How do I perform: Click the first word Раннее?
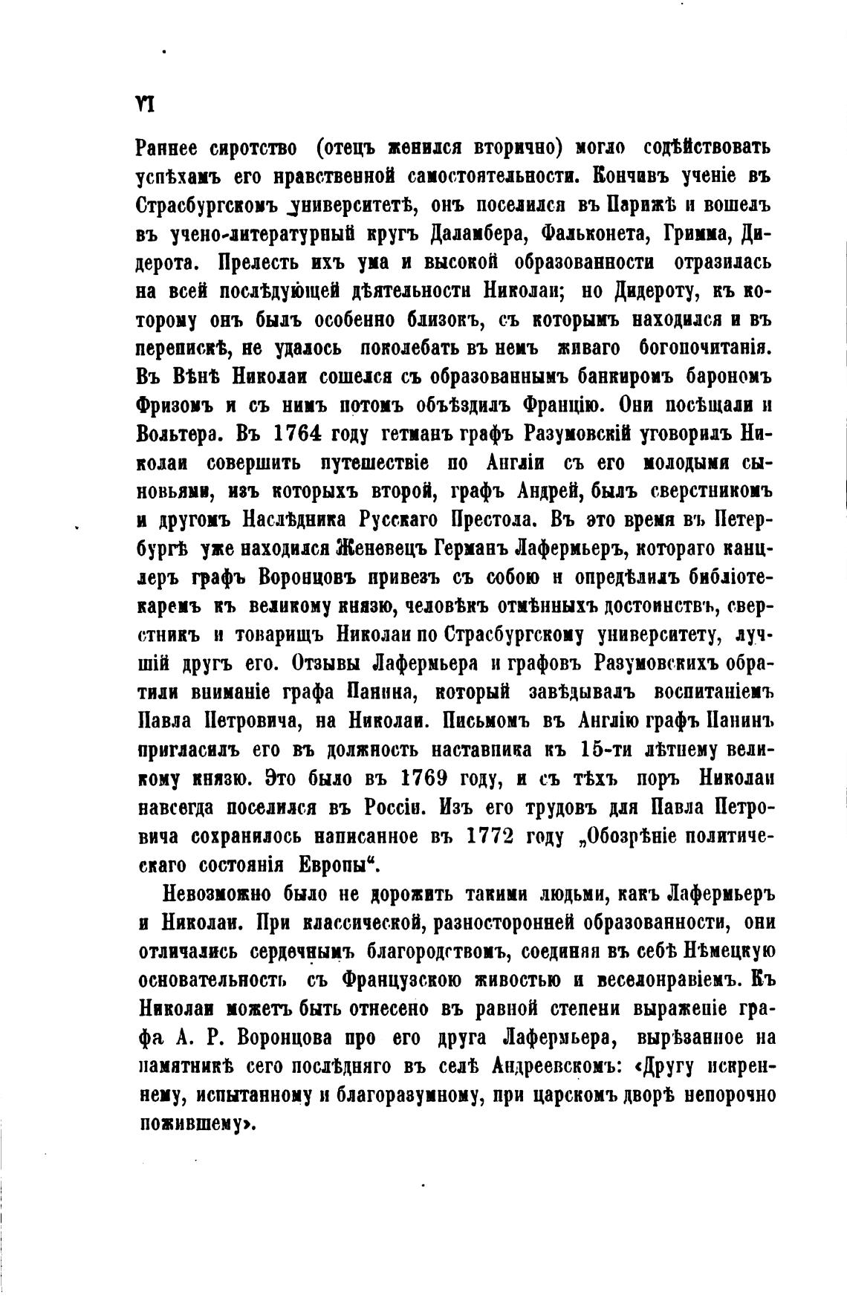[174, 146]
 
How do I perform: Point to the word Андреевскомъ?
[551, 1068]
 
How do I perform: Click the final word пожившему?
[195, 1125]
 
